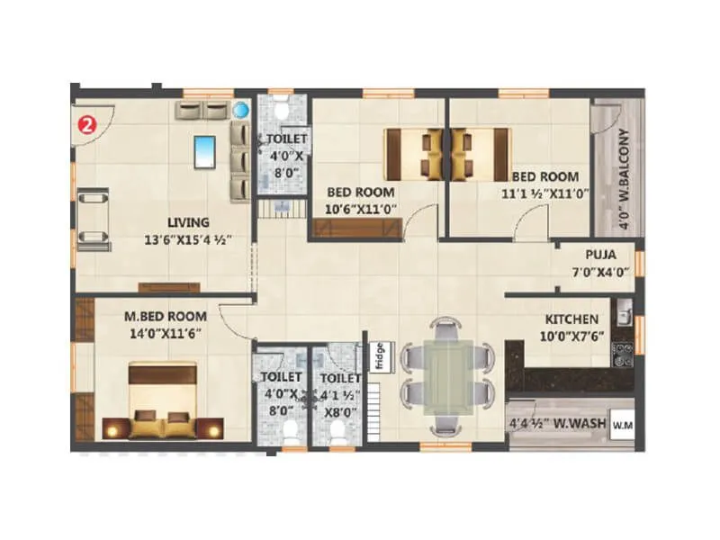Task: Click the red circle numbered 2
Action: point(86,124)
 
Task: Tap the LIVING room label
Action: point(187,222)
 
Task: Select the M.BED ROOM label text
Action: point(165,317)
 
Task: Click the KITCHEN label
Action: point(571,319)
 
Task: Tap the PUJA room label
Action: point(600,255)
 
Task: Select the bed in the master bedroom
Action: point(165,400)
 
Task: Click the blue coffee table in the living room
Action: point(205,149)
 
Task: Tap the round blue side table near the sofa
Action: point(241,111)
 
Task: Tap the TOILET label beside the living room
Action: point(285,139)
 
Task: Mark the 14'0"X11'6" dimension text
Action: point(165,333)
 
